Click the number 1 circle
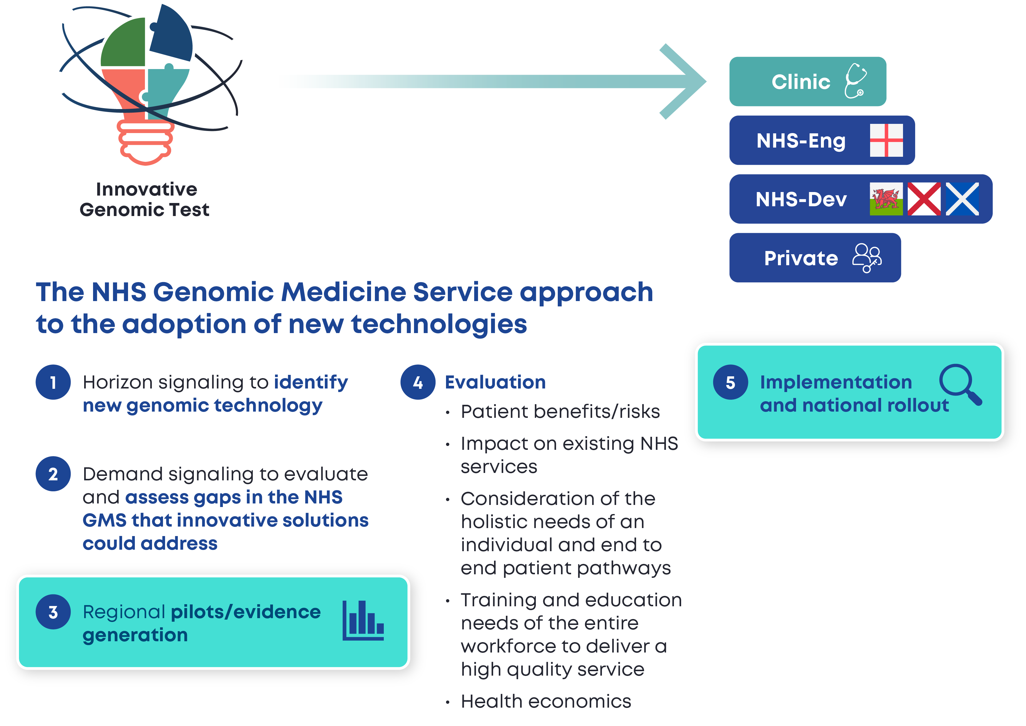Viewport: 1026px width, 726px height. tap(53, 382)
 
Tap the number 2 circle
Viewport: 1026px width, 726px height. tap(53, 474)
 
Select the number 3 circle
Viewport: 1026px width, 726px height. tap(53, 612)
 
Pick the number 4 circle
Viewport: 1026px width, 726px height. tap(418, 382)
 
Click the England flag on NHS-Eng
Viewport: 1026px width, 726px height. tap(886, 140)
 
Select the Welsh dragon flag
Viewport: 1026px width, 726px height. tap(886, 199)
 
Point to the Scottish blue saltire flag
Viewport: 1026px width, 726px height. tap(962, 199)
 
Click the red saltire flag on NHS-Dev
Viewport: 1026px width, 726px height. tap(924, 199)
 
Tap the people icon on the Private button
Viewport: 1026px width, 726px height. tap(866, 258)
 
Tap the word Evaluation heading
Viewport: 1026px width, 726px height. tap(495, 382)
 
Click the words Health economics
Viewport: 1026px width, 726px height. tap(546, 701)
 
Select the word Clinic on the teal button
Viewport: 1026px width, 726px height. tap(801, 82)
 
